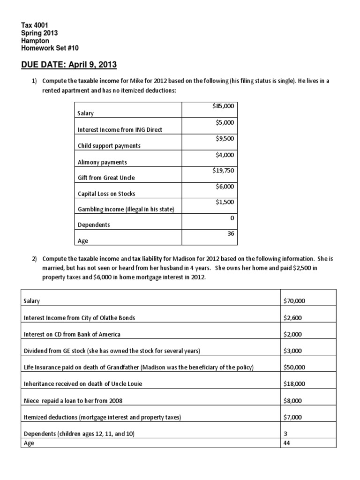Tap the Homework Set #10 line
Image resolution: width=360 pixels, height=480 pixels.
[52, 48]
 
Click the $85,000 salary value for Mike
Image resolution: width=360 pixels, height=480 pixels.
[223, 106]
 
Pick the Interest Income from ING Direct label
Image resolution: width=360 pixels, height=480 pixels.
[120, 130]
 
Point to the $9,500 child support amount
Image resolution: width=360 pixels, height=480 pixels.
[225, 138]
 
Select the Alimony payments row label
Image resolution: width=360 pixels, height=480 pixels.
[102, 162]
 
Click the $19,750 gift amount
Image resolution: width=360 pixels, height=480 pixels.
[223, 170]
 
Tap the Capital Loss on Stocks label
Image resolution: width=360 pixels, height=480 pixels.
[106, 194]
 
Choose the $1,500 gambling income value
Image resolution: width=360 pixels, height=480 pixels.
[225, 202]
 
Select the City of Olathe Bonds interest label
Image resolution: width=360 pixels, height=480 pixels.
[79, 318]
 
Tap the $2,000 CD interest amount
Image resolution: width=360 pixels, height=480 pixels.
[292, 334]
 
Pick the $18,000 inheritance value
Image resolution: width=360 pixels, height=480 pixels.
[294, 384]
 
